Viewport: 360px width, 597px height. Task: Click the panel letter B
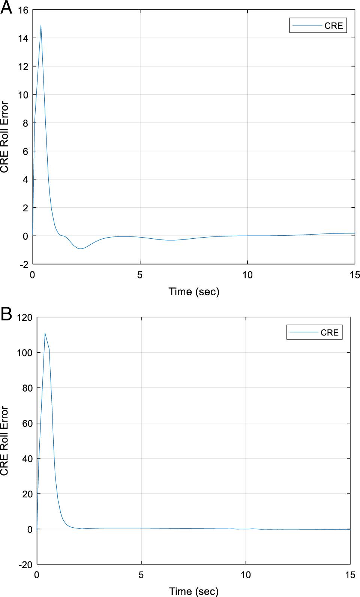[x=6, y=314]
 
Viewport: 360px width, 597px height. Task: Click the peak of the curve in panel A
[x=41, y=25]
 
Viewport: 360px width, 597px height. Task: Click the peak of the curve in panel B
[x=45, y=333]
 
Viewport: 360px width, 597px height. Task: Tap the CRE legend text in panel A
[x=333, y=26]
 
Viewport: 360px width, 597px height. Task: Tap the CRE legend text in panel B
[x=330, y=332]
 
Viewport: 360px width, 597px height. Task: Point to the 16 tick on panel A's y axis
[x=23, y=10]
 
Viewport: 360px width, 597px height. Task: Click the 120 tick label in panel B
[x=24, y=317]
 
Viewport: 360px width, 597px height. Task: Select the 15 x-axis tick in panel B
[x=350, y=575]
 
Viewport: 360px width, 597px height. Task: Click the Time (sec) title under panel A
[x=194, y=292]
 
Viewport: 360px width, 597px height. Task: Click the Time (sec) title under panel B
[x=194, y=591]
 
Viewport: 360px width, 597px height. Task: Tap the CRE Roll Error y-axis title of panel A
[x=4, y=137]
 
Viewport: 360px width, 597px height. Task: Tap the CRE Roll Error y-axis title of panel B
[x=4, y=441]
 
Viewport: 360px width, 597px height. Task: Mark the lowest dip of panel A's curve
[x=80, y=249]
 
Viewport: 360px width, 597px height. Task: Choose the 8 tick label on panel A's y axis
[x=25, y=123]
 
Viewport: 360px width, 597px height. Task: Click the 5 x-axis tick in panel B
[x=141, y=575]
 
